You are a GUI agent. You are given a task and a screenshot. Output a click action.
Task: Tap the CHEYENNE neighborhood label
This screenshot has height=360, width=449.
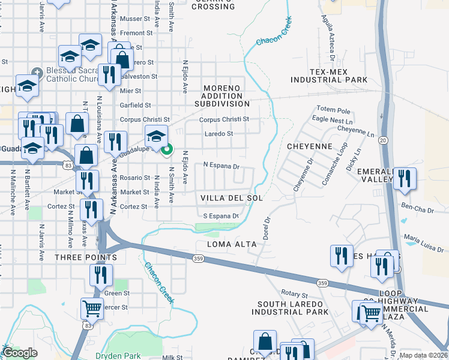309,146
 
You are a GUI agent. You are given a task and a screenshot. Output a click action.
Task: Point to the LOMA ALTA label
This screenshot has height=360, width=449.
232,244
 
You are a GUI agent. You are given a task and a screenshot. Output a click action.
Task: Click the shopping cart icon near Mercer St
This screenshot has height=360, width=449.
92,308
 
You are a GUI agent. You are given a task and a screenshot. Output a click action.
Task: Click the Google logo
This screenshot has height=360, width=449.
20,353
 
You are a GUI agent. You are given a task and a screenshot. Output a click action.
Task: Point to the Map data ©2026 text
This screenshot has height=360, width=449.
424,355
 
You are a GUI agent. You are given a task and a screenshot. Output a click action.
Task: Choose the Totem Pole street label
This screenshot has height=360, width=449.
333,111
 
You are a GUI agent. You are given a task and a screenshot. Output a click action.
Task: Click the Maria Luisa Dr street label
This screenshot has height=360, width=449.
424,244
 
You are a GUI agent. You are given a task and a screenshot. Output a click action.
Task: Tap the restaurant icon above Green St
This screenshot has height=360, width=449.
100,275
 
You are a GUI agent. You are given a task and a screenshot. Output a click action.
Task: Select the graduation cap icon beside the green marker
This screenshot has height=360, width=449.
156,136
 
